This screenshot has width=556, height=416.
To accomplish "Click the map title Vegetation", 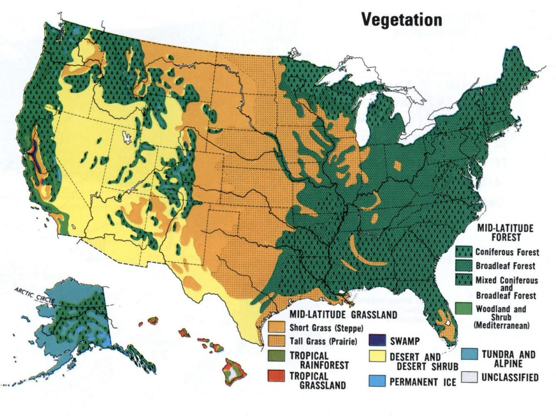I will (x=401, y=20).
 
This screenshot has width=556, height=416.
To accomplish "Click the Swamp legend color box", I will (x=377, y=341).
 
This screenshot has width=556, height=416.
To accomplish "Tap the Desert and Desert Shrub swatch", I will (x=377, y=358).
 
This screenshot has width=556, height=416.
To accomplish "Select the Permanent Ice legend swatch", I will (x=377, y=380).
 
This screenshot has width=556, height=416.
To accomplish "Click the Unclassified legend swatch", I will (x=469, y=377).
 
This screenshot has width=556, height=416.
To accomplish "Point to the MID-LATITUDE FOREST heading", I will (x=506, y=232).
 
